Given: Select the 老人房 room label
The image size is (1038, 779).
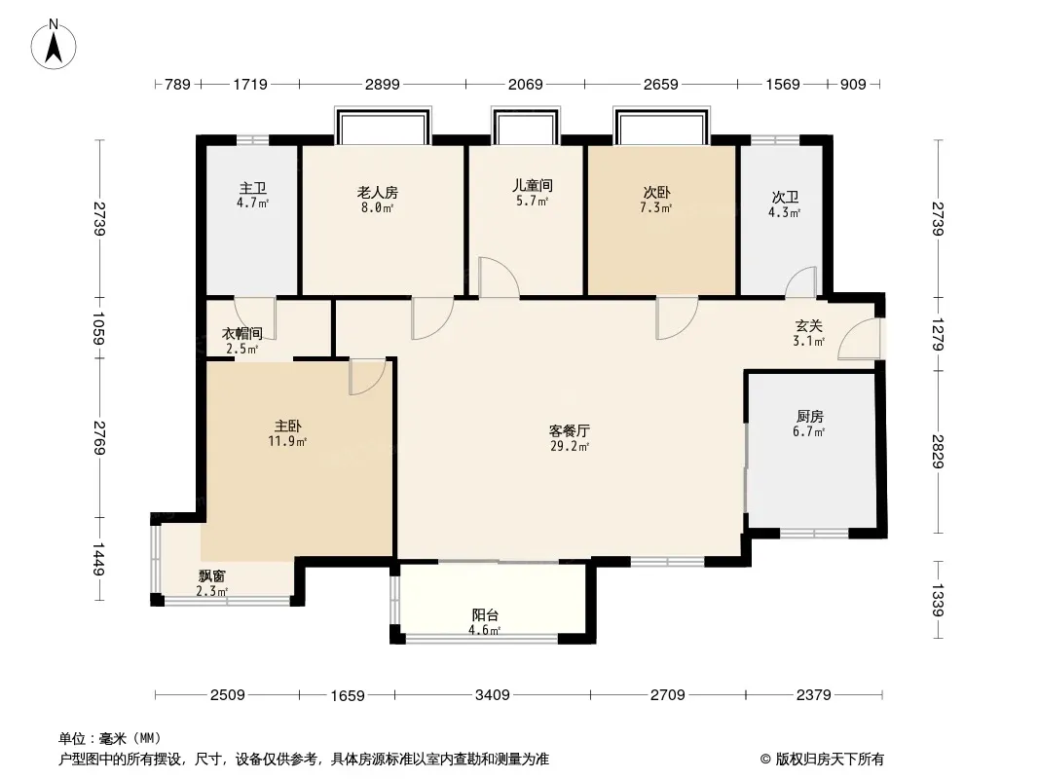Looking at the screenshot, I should click(377, 192).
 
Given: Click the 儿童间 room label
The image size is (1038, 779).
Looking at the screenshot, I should click(533, 185).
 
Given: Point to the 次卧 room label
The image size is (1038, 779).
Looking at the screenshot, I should click(655, 192).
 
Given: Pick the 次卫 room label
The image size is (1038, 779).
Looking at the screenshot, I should click(785, 197).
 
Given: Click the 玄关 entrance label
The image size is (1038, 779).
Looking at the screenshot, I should click(809, 326).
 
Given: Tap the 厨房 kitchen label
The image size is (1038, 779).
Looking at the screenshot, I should click(809, 416).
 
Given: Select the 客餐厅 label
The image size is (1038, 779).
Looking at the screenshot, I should click(570, 429).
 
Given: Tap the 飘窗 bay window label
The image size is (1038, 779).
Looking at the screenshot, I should click(212, 575).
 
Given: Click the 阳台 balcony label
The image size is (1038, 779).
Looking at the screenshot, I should click(486, 614).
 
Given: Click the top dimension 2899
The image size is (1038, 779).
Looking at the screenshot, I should click(383, 85).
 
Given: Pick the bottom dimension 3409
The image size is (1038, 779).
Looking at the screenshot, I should click(492, 694).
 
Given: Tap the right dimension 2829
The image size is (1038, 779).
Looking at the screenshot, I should click(938, 451).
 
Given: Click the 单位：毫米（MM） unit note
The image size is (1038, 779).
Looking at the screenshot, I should click(110, 738).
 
